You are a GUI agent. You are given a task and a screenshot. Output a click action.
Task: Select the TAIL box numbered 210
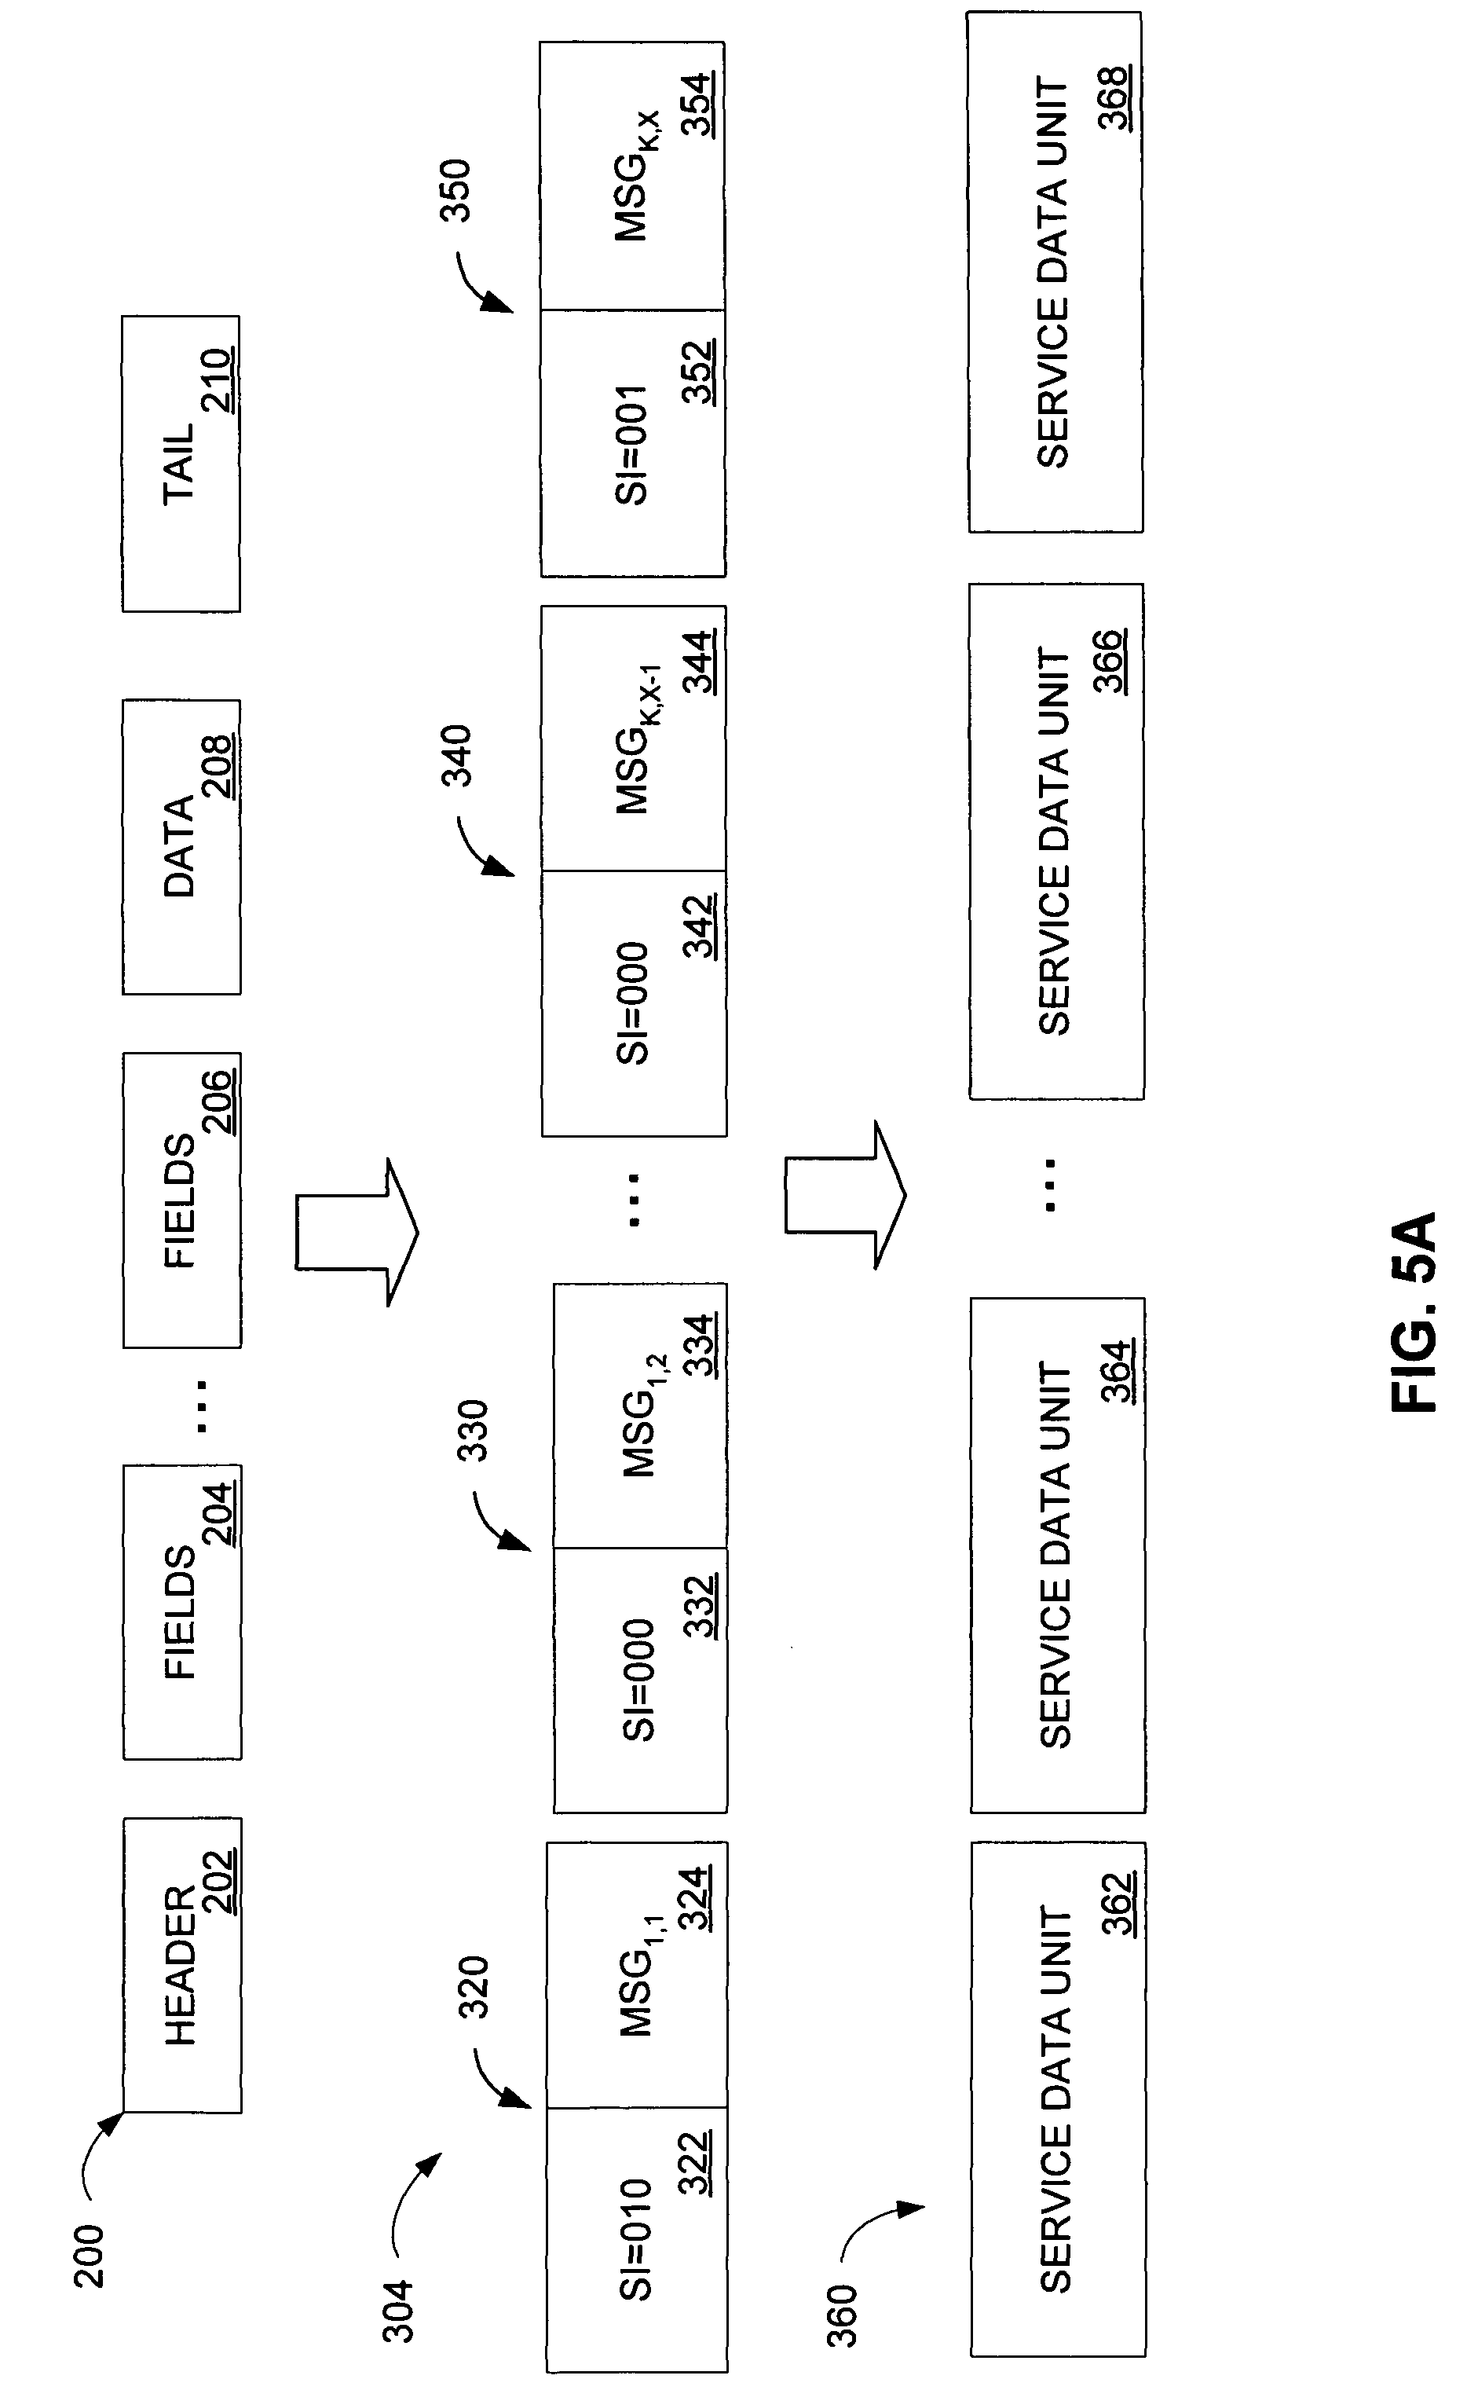(181, 463)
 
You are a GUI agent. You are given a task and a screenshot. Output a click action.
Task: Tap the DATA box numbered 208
(181, 846)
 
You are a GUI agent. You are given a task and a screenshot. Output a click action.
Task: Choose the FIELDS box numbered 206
(181, 1200)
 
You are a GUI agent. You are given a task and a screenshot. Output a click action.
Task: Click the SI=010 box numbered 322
(636, 2240)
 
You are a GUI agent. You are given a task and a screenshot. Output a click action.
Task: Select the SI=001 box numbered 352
(633, 443)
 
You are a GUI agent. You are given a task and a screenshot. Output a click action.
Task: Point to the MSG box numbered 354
(633, 176)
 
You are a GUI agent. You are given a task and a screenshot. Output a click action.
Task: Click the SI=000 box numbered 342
(635, 1003)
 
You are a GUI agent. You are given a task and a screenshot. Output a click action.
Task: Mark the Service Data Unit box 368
(1055, 272)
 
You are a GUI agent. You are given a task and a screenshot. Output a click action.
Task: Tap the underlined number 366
(1108, 661)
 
